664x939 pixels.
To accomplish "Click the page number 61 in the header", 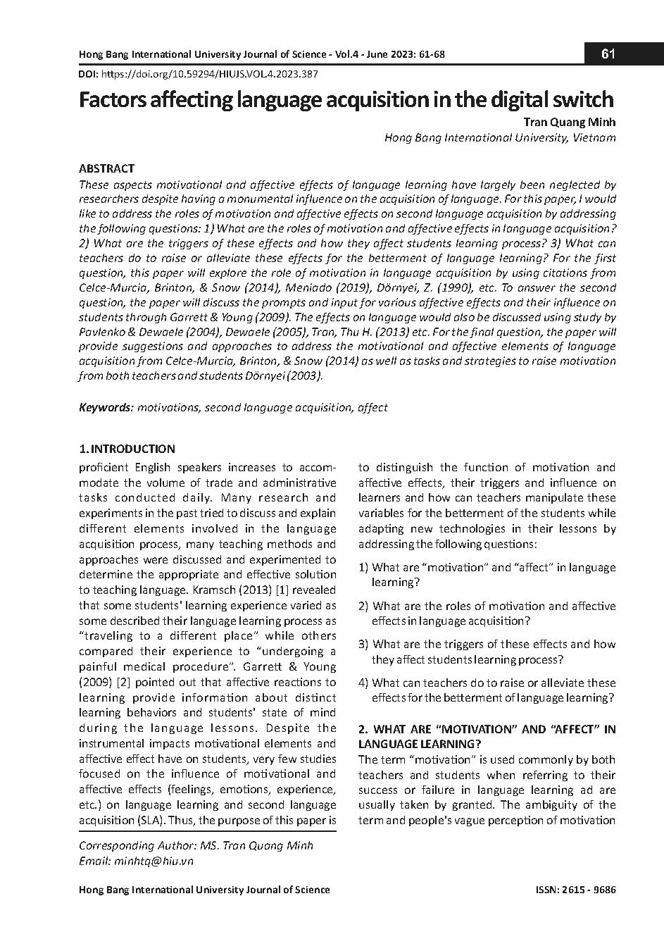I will [x=608, y=54].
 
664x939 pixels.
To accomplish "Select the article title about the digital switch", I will [x=346, y=99].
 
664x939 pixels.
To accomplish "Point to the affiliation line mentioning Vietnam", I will [x=500, y=138].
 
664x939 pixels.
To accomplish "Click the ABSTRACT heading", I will [x=106, y=168].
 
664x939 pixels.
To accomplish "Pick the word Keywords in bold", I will [x=106, y=407].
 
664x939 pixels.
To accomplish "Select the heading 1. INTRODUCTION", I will [x=127, y=449].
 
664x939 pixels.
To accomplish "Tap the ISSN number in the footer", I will [x=575, y=890].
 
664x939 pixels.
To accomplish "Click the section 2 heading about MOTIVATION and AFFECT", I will [x=487, y=736].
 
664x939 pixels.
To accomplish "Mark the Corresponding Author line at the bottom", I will [x=196, y=845].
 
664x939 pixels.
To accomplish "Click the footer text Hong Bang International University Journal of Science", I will [x=204, y=890].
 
